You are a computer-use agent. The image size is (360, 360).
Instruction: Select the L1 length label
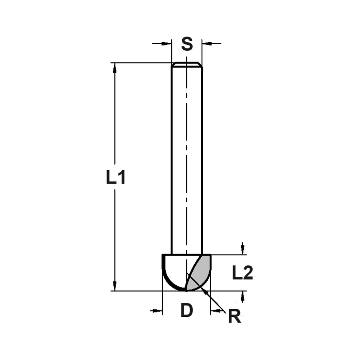pyautogui.click(x=116, y=177)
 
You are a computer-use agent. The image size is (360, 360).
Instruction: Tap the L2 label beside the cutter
pyautogui.click(x=242, y=273)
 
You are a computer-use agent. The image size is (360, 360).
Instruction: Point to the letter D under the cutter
pyautogui.click(x=187, y=310)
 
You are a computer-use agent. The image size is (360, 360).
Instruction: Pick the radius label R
pyautogui.click(x=234, y=317)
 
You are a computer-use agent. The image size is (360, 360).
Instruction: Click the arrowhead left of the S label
pyautogui.click(x=166, y=44)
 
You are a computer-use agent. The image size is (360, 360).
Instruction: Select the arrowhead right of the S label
pyautogui.click(x=206, y=44)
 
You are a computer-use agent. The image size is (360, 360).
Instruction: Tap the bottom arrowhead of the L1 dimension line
pyautogui.click(x=115, y=286)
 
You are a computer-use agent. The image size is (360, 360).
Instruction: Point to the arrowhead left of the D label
pyautogui.click(x=158, y=310)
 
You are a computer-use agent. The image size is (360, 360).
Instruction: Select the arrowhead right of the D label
pyautogui.click(x=215, y=310)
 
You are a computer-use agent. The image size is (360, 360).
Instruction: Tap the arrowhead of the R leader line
pyautogui.click(x=205, y=292)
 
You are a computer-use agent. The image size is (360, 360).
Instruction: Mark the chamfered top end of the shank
pyautogui.click(x=187, y=64)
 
